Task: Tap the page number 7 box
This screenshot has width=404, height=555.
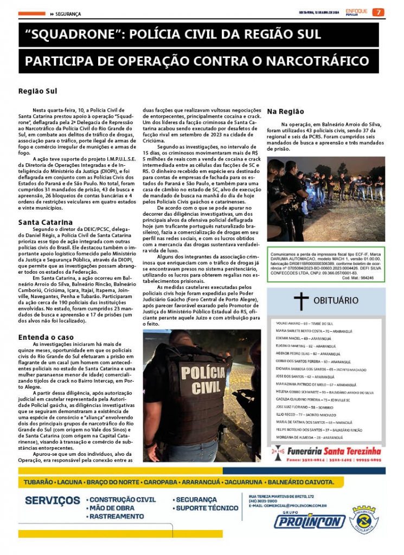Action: point(379,12)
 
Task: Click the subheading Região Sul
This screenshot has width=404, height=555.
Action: point(37,91)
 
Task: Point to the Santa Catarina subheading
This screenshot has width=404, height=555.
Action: point(46,222)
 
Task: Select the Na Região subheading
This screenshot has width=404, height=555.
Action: point(285,111)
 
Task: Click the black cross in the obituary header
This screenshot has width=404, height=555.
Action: point(301,300)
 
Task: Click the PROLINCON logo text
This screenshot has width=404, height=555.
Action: point(309,521)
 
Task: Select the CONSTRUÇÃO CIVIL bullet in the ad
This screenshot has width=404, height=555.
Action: point(122,500)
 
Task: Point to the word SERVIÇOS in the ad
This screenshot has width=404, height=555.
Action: point(53,500)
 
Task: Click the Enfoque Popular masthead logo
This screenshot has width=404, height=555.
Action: point(356,12)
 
